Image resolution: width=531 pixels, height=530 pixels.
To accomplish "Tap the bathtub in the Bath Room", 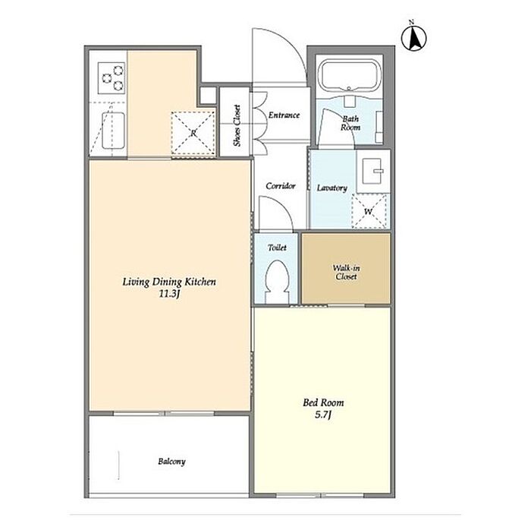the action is (350, 76).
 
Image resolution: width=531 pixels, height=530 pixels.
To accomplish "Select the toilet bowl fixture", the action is (277, 281).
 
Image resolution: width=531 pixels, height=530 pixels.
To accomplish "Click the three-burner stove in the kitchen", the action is (112, 78).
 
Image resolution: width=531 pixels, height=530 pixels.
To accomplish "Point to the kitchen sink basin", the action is (114, 130).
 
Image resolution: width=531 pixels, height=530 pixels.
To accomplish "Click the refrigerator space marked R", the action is (193, 133).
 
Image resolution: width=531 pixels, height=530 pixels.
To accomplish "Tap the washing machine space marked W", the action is (369, 211).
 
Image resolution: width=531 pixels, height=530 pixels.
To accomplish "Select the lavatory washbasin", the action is (373, 171).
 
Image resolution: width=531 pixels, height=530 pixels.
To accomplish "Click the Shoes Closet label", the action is (237, 125).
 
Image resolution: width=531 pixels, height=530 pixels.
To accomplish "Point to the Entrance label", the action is (284, 115).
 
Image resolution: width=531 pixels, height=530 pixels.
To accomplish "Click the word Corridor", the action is (281, 186).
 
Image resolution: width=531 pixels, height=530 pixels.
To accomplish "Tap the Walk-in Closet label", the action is (346, 273).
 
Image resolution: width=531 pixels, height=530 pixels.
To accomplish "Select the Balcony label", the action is (171, 462).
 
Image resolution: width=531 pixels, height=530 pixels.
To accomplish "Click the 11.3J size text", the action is (169, 294).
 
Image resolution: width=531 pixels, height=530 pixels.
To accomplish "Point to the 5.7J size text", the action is (322, 415).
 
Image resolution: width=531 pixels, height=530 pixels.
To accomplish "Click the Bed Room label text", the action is (323, 402).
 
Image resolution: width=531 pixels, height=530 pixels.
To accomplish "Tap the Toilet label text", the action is (277, 248).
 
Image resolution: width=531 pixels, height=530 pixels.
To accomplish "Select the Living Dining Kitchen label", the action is (169, 282).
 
